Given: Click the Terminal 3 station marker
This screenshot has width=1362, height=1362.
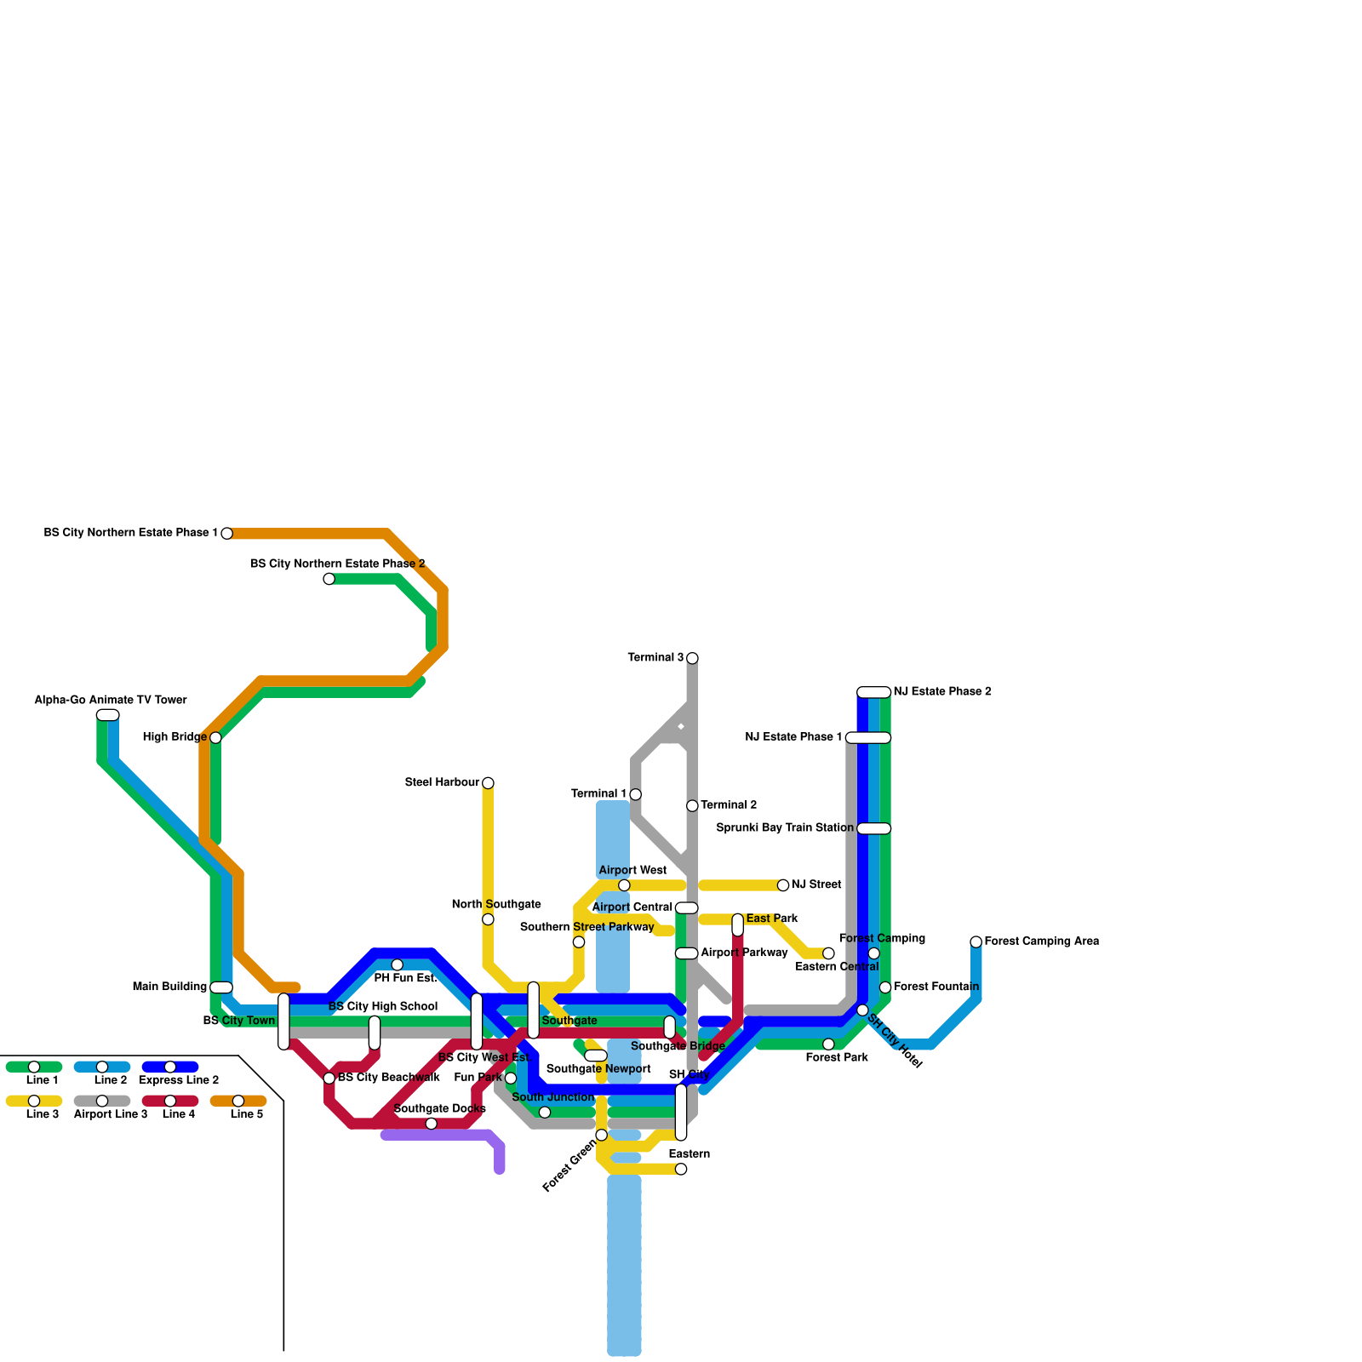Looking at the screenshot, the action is (692, 658).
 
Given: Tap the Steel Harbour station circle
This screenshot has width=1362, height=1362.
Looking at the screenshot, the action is (488, 783).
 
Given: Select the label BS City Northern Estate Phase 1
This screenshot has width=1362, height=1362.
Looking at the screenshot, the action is (131, 533).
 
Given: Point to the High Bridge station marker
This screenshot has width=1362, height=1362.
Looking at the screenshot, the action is (215, 737).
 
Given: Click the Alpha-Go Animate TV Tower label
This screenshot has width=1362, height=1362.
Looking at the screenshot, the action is (111, 701).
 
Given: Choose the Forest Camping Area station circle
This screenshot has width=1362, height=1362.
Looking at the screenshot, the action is (976, 941).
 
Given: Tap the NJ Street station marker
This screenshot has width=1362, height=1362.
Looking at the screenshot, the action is (783, 885).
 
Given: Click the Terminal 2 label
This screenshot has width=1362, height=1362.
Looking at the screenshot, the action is (729, 805).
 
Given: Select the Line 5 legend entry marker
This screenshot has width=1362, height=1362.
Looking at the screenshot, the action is (238, 1101).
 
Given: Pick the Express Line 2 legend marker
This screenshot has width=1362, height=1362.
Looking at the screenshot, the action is (170, 1067).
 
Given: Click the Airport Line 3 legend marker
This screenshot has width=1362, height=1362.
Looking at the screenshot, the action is (102, 1101).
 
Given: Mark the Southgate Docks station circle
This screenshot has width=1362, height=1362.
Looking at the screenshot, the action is (432, 1124).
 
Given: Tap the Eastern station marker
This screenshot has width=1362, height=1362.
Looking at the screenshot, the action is (681, 1169).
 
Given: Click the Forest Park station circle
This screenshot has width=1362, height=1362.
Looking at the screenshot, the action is (828, 1044).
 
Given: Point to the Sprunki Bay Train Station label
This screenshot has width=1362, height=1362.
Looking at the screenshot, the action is (785, 828).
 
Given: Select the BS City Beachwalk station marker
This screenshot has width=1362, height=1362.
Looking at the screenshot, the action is (329, 1079).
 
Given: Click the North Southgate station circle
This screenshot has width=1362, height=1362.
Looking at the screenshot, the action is (488, 919).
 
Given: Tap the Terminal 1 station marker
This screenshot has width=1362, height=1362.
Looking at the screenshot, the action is (635, 794).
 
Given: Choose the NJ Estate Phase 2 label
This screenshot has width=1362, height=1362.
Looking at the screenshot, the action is (942, 692).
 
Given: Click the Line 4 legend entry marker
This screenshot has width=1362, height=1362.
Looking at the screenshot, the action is (170, 1101).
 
